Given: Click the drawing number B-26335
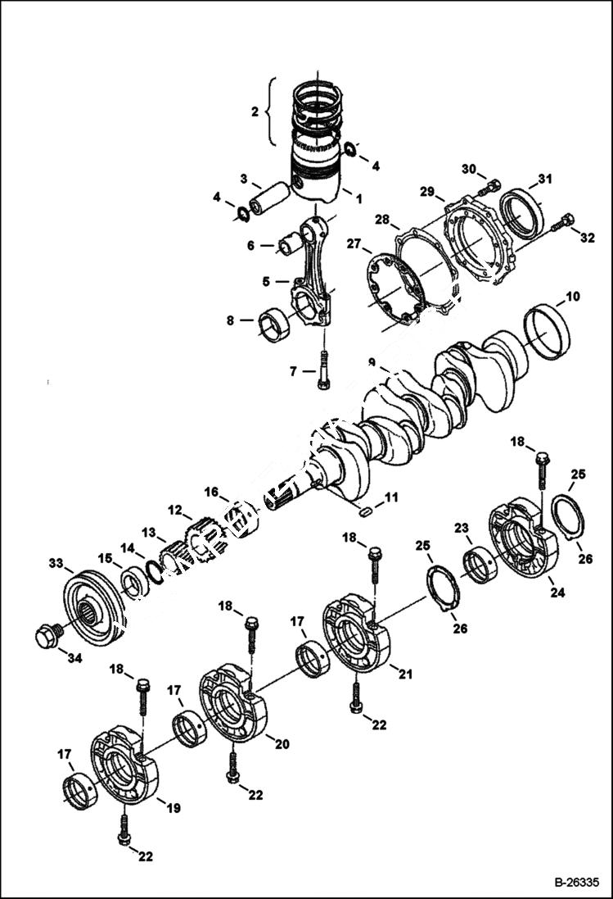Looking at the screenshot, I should [576, 883].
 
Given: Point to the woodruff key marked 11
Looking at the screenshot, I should [367, 511].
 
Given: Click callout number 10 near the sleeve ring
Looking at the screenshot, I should [572, 295].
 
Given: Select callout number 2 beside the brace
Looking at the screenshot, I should [254, 111].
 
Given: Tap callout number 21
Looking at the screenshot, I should [405, 674].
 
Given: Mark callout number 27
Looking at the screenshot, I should [354, 243].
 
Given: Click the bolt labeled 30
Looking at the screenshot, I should [491, 187].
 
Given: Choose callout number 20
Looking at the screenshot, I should [282, 744].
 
